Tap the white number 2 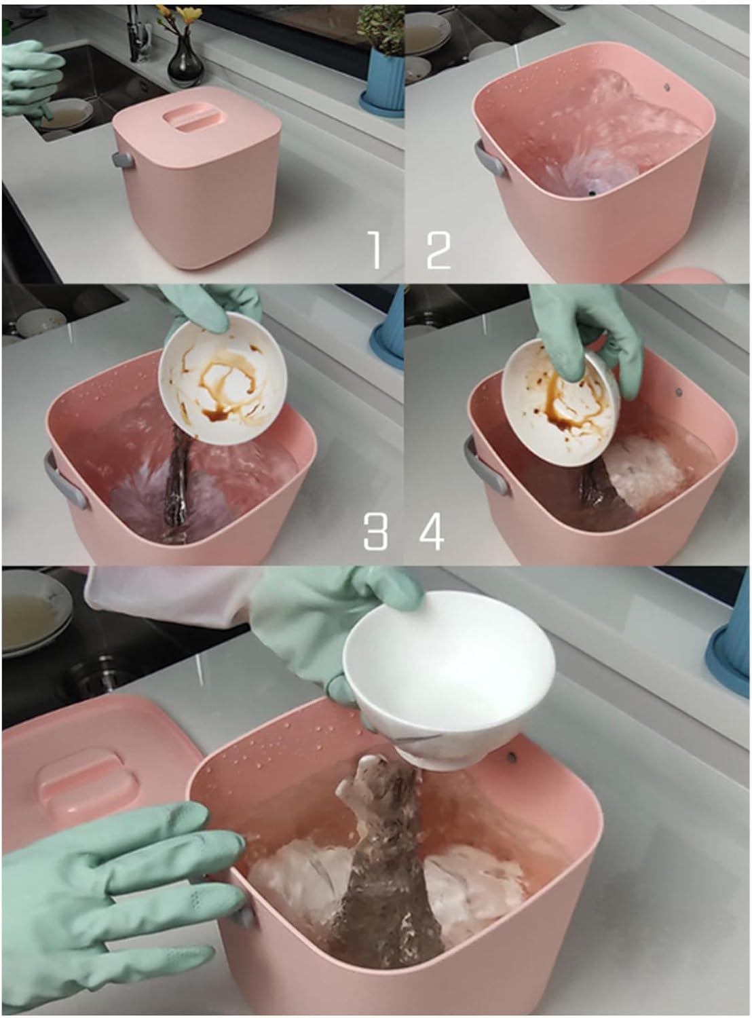click(438, 250)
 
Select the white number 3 click(375, 531)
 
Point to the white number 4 click(432, 531)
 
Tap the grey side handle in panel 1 click(123, 159)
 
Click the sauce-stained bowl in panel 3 click(223, 379)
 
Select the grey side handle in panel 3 click(64, 479)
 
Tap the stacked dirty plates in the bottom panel click(35, 610)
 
